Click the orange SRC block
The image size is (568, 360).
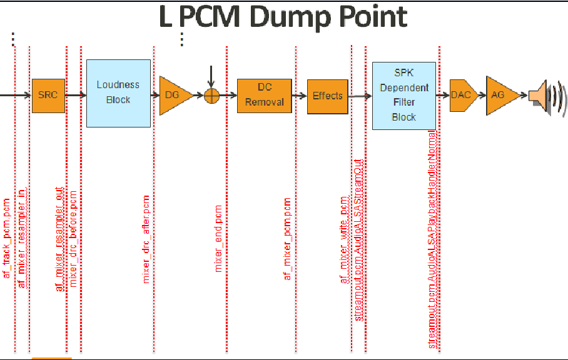(x=48, y=96)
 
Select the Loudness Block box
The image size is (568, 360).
(x=118, y=93)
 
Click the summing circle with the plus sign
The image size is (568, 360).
(x=212, y=96)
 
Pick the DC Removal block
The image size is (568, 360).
(x=265, y=96)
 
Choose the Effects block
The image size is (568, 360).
(x=328, y=96)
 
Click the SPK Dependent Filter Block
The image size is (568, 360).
(x=403, y=96)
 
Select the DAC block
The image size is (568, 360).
(x=462, y=95)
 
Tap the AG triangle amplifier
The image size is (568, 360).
(x=500, y=95)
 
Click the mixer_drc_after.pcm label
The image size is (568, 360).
(x=147, y=240)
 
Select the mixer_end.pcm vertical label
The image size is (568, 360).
(x=219, y=238)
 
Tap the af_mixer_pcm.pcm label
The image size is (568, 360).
(x=288, y=239)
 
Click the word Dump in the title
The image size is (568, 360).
(x=287, y=17)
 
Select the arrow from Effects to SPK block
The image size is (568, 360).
(x=360, y=96)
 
